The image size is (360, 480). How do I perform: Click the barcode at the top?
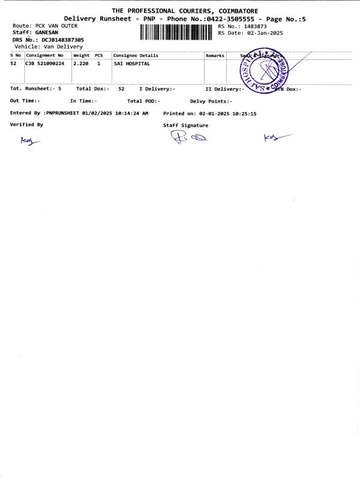(176, 32)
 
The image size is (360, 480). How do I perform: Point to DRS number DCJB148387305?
(62, 40)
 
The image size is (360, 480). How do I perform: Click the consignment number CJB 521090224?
(44, 63)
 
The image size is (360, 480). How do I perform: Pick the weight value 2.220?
(81, 63)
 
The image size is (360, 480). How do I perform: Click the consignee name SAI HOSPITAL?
(131, 63)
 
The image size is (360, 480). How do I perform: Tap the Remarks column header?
(215, 55)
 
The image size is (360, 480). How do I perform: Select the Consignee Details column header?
(136, 55)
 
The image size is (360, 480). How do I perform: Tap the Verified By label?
(26, 125)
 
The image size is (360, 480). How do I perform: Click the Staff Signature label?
(186, 125)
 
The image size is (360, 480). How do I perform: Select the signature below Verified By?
(28, 142)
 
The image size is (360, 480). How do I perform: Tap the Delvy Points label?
(211, 101)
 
